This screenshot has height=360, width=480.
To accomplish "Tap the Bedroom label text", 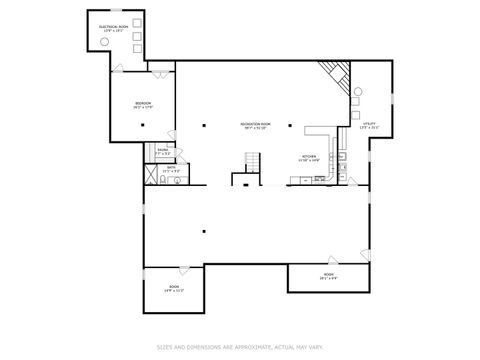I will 143,105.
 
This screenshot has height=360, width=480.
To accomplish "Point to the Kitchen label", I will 310,158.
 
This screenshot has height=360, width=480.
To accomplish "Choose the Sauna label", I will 163,152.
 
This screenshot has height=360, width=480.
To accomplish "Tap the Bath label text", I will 171,170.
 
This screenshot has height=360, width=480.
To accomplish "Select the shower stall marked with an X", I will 152,173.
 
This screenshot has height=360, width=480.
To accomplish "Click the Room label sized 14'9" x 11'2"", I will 174,289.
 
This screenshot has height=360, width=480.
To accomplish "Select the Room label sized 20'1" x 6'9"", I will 328,276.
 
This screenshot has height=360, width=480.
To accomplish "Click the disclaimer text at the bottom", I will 240,347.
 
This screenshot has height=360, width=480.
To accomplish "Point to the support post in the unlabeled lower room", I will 203,233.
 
